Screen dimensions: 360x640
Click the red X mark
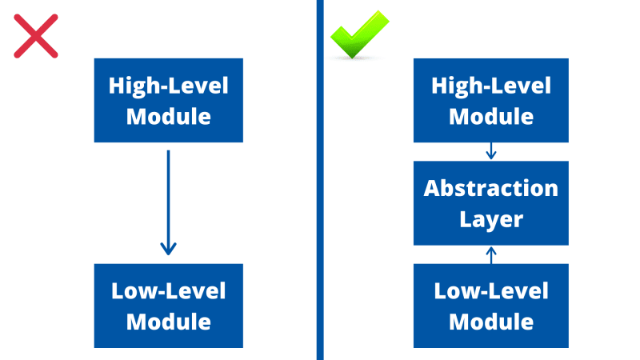click(x=36, y=37)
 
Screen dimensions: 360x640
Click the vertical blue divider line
click(x=320, y=180)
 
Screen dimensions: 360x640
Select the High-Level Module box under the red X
click(x=168, y=100)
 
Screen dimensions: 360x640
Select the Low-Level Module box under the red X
click(x=168, y=306)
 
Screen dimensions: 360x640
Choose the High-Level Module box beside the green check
click(x=490, y=100)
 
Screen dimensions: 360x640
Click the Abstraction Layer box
click(x=490, y=203)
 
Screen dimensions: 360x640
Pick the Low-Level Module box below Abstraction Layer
click(x=490, y=306)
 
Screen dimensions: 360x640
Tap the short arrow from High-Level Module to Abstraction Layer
click(x=491, y=151)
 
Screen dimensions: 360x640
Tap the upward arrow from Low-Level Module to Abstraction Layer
click(x=491, y=254)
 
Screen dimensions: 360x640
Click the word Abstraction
click(x=490, y=189)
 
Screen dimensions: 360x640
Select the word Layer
click(x=490, y=218)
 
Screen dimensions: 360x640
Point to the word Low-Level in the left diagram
click(x=168, y=291)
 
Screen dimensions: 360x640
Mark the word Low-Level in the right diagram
click(x=490, y=291)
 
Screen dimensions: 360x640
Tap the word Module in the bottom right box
click(x=490, y=322)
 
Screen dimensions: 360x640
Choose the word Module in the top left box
click(x=168, y=116)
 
